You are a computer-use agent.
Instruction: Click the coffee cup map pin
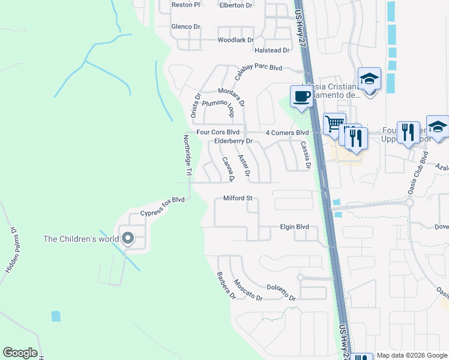pyautogui.click(x=301, y=96)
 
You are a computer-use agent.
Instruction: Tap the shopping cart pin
pyautogui.click(x=334, y=124)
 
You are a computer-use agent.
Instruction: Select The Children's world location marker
pyautogui.click(x=127, y=239)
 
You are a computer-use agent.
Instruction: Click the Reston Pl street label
pyautogui.click(x=185, y=5)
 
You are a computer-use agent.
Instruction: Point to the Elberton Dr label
pyautogui.click(x=237, y=5)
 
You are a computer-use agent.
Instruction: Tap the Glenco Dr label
pyautogui.click(x=185, y=26)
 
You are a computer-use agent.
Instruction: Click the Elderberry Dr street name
pyautogui.click(x=234, y=142)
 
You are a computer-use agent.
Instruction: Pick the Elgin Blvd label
pyautogui.click(x=294, y=227)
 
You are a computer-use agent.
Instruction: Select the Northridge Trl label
pyautogui.click(x=187, y=155)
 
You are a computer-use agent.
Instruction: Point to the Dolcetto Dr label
pyautogui.click(x=281, y=293)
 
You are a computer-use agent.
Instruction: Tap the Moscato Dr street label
pyautogui.click(x=248, y=290)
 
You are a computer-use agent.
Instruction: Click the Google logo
pyautogui.click(x=20, y=353)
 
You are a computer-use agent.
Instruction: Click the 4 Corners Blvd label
pyautogui.click(x=287, y=132)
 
